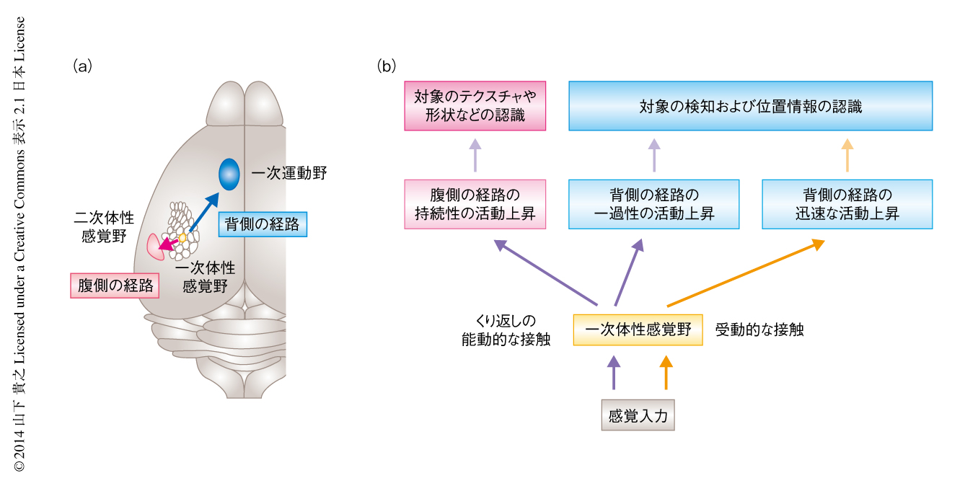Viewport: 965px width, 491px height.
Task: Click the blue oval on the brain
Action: (229, 174)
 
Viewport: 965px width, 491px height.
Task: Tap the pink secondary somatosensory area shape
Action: (154, 247)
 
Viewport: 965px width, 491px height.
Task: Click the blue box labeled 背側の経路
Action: (262, 224)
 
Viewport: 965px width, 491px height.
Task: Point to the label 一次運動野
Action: (288, 174)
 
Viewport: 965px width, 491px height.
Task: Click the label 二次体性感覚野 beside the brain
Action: (104, 226)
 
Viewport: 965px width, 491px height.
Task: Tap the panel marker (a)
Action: (82, 66)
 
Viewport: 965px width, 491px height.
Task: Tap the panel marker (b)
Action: (387, 66)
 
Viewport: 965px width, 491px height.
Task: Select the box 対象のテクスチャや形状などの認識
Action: (475, 105)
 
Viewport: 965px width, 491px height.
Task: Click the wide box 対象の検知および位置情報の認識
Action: (750, 106)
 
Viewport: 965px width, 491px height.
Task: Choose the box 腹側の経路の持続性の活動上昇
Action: (475, 204)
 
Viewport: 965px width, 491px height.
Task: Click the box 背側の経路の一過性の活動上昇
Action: (653, 204)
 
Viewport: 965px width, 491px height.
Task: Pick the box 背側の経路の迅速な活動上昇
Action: (847, 204)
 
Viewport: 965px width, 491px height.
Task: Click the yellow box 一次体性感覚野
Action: (638, 329)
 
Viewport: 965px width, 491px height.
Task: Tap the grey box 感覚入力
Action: (638, 415)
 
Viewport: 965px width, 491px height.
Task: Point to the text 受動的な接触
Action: (759, 330)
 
